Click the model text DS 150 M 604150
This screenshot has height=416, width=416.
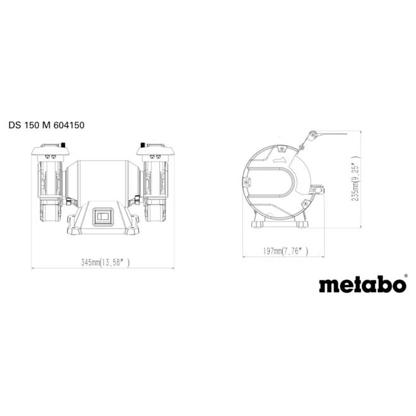(x=46, y=125)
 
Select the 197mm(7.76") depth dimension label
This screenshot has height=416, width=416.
(x=285, y=251)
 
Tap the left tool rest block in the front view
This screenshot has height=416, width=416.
(x=66, y=203)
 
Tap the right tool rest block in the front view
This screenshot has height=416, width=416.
(x=137, y=203)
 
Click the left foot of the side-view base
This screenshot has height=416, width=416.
(x=259, y=225)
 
